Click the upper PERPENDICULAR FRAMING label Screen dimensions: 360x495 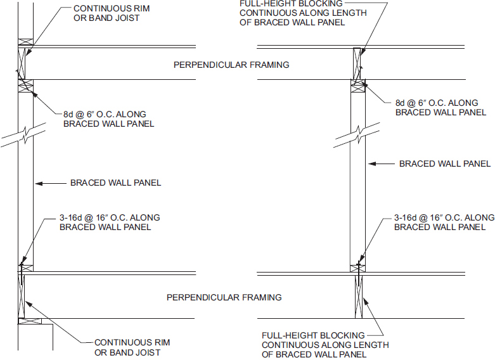[x=231, y=65]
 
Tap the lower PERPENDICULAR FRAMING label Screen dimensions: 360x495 [x=224, y=297]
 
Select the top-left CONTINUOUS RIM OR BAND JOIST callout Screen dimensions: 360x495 [x=106, y=13]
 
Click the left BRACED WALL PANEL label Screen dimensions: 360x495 [x=115, y=183]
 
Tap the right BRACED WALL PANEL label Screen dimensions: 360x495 [x=444, y=164]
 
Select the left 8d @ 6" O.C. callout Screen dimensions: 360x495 [x=108, y=119]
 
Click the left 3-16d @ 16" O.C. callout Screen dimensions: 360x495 [x=110, y=222]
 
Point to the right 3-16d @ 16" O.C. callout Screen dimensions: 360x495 [x=444, y=222]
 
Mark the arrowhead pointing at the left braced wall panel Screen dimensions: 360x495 [x=37, y=183]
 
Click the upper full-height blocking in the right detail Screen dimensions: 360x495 [x=359, y=63]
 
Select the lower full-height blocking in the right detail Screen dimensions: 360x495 [x=359, y=295]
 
